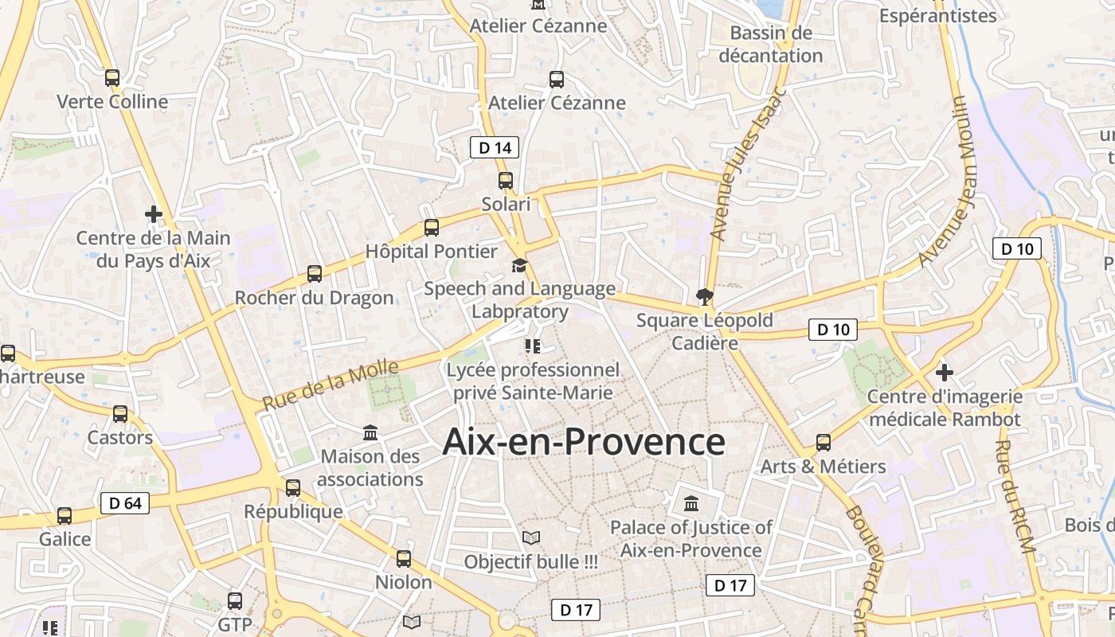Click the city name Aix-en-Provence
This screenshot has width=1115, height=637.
(x=583, y=442)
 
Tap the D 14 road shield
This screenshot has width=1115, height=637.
(x=495, y=147)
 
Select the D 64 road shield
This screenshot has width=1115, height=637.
(x=125, y=503)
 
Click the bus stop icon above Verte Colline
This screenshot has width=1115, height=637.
(x=112, y=78)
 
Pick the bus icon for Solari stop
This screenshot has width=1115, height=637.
(x=506, y=181)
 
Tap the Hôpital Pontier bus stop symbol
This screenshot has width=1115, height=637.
(x=432, y=228)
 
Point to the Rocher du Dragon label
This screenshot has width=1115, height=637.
(x=314, y=298)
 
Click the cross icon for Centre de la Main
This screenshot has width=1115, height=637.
(x=154, y=214)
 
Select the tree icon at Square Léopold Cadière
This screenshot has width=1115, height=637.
(x=704, y=298)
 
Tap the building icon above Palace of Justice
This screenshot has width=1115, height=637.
(x=691, y=504)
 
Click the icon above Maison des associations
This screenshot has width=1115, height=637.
(x=370, y=433)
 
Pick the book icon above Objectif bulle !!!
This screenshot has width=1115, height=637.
(x=531, y=538)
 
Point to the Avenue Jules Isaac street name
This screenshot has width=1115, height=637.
(x=747, y=164)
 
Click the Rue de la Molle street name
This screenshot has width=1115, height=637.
(x=330, y=385)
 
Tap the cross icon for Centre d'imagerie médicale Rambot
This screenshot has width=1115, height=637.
(x=945, y=372)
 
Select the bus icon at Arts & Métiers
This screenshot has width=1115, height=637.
(x=824, y=443)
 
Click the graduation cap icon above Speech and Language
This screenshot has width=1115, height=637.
(x=519, y=265)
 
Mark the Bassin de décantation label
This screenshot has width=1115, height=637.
(x=770, y=45)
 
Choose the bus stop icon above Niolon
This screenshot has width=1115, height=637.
(x=404, y=559)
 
